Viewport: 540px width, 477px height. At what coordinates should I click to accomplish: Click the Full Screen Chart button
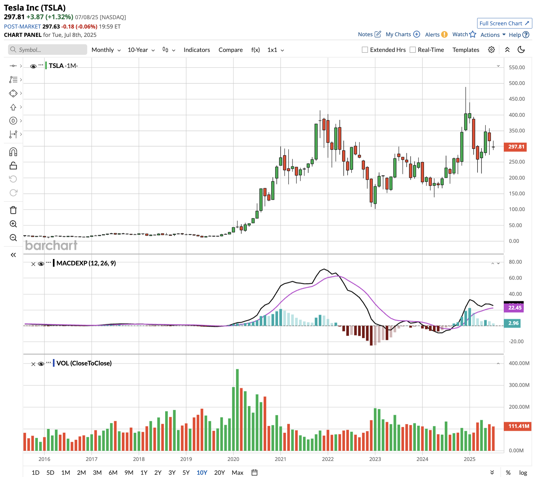[504, 23]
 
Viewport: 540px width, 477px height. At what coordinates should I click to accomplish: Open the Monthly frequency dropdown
[106, 50]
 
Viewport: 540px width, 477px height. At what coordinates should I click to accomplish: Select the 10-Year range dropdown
[141, 50]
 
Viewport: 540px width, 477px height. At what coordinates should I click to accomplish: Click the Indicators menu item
[197, 50]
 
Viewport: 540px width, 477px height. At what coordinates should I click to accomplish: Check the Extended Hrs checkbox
[365, 50]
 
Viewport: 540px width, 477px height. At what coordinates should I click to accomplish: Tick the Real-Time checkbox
[413, 50]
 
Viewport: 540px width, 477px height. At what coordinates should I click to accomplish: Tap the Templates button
[466, 50]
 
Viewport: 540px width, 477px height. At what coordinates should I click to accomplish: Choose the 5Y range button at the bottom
[186, 473]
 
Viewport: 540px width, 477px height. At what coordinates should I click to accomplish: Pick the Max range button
[237, 473]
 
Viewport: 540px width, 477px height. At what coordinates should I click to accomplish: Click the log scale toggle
[523, 473]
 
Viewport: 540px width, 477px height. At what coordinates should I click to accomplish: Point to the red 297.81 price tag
[516, 147]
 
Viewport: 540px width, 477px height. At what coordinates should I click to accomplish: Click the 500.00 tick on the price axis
[517, 83]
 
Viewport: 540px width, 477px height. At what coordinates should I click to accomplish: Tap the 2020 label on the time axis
[233, 459]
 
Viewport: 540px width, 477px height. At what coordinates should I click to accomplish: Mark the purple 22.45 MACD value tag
[514, 308]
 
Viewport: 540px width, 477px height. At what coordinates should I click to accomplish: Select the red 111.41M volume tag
[519, 426]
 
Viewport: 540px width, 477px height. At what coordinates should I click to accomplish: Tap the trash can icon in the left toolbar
[13, 210]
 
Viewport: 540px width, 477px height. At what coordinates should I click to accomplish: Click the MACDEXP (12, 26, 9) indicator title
[86, 263]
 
